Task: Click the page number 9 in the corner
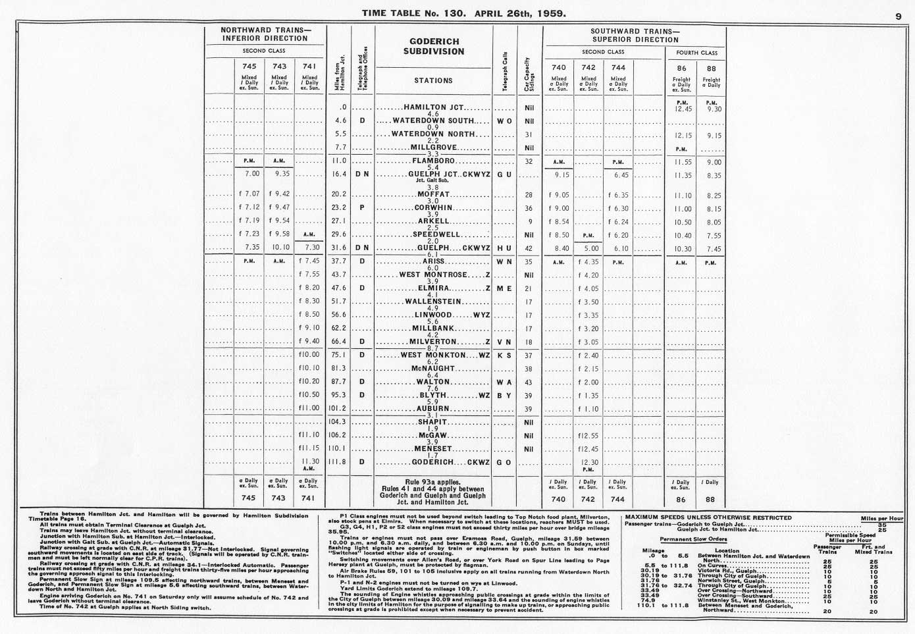pos(898,18)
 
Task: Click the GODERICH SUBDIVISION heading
pos(434,47)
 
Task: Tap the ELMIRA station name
pos(434,288)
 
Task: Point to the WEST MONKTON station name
pos(432,356)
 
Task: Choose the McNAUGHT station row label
pos(432,369)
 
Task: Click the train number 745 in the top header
pos(249,66)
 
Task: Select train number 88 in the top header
pos(711,68)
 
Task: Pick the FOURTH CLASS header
pos(696,53)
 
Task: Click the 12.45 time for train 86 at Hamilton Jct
pos(683,109)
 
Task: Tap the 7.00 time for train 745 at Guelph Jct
pos(251,174)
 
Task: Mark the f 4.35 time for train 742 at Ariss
pos(588,262)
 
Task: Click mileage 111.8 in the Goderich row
pos(336,462)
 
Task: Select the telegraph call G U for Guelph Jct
pos(504,175)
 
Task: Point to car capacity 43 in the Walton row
pos(528,383)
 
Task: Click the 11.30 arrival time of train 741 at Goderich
pos(310,462)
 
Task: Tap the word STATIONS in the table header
pos(433,81)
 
